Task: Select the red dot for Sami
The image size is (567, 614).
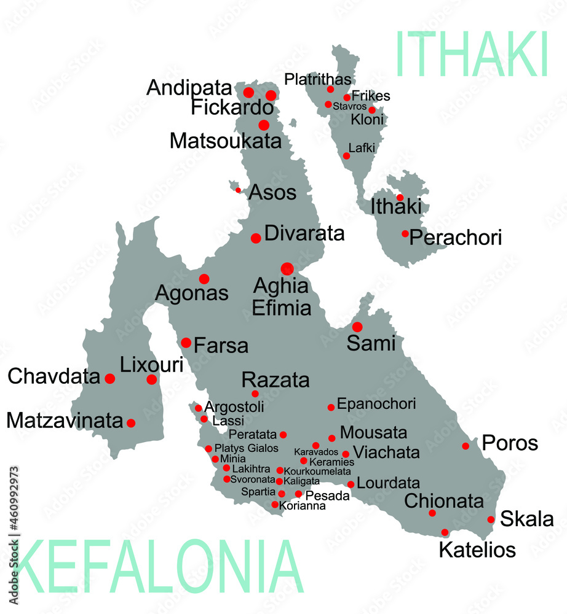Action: pos(357,327)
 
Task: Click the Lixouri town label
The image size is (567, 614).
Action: pos(151,365)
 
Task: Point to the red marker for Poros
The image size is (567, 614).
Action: pos(466,446)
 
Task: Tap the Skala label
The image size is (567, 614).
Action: pos(526,519)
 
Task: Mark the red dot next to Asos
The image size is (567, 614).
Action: pos(238,190)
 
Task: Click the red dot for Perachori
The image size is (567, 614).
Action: pos(405,233)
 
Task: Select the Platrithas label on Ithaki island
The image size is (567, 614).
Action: pos(318,79)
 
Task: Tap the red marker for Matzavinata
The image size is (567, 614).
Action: pos(130,422)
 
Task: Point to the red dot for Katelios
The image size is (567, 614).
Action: pos(445,532)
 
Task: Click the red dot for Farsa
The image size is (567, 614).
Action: pos(186,343)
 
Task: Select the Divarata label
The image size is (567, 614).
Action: pos(304,234)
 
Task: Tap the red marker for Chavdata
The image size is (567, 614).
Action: pos(109,378)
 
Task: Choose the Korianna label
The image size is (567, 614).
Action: pos(302,507)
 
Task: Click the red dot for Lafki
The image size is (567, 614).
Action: pos(346,155)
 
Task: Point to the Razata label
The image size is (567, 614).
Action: pos(276,379)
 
